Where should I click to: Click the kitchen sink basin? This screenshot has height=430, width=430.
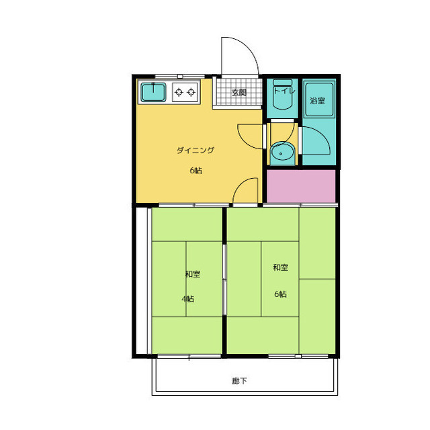point(153,92)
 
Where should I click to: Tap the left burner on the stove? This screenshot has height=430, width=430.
point(179,92)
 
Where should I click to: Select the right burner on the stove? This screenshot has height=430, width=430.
point(191,92)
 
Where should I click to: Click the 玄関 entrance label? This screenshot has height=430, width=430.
point(239,93)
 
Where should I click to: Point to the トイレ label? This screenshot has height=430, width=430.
point(284,91)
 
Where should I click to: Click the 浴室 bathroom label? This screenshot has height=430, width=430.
point(318,101)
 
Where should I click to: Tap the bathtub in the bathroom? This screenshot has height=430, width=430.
point(319,99)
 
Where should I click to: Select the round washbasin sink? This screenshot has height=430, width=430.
point(282,153)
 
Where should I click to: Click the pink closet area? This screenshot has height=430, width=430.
point(301,186)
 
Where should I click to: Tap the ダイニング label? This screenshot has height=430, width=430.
point(196,150)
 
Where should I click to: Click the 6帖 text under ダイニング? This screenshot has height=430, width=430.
point(196,171)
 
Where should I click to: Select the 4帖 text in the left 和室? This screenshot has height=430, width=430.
point(188,298)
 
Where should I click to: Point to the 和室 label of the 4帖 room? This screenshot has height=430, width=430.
point(193,274)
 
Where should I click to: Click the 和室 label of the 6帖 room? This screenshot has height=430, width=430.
point(280,267)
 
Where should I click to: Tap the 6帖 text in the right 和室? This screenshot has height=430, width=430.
point(280,294)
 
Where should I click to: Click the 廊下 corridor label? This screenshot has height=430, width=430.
point(239,381)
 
